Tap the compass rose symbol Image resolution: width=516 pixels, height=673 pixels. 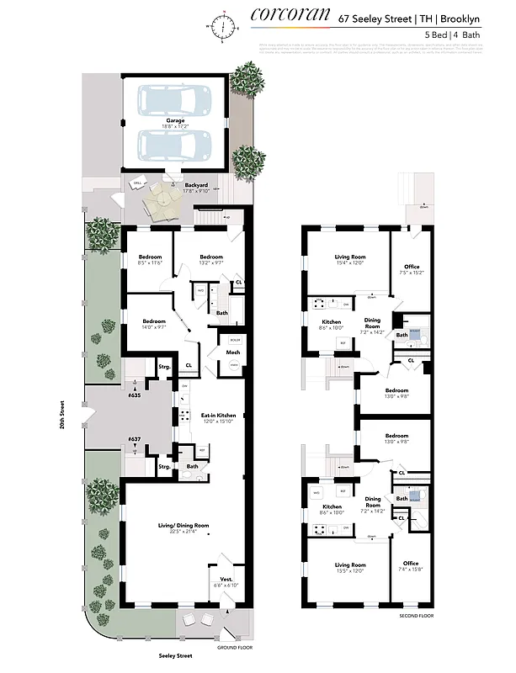pyautogui.click(x=223, y=26)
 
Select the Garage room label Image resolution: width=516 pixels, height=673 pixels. pyautogui.click(x=175, y=121)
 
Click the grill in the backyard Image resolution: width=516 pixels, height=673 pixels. pyautogui.click(x=137, y=183)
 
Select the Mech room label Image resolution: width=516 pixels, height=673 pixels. pyautogui.click(x=233, y=352)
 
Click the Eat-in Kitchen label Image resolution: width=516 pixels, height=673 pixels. pyautogui.click(x=218, y=416)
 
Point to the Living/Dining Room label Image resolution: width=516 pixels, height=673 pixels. pyautogui.click(x=184, y=526)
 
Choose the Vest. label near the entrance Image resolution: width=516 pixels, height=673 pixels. pyautogui.click(x=228, y=580)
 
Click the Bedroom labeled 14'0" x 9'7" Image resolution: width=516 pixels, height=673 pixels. pyautogui.click(x=154, y=323)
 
